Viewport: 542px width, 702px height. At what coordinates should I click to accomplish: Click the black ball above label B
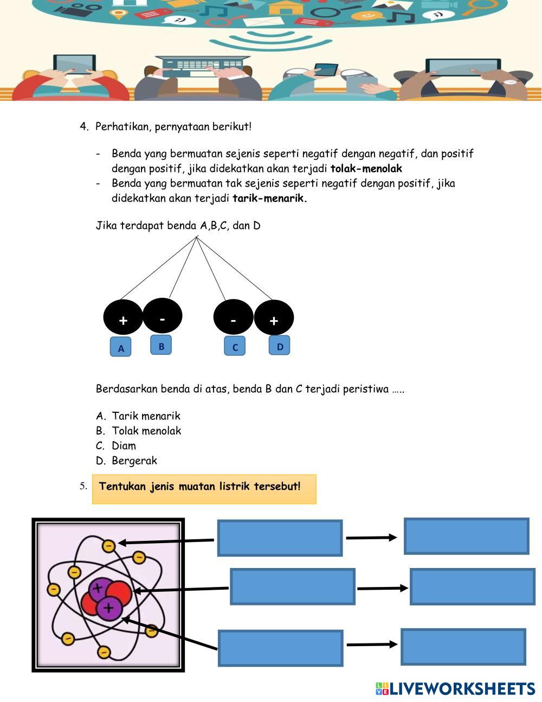163,315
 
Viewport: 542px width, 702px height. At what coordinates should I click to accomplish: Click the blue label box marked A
120,347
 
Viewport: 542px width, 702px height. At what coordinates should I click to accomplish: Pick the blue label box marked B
161,345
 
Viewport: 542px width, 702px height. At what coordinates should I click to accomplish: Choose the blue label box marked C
235,346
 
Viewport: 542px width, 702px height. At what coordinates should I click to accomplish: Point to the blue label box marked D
279,345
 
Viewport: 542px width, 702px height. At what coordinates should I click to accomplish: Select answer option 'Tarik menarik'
146,416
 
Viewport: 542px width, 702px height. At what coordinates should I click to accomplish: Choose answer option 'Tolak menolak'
146,431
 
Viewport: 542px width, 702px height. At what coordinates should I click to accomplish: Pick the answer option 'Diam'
124,446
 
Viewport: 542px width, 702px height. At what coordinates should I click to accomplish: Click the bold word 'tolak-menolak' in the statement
366,169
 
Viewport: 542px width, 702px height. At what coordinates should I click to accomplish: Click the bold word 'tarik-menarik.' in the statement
270,198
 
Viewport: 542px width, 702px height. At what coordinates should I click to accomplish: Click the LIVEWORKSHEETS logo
455,688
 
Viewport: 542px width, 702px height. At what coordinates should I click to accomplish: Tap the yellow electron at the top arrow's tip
109,545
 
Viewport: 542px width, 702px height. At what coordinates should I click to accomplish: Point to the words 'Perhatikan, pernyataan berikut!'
173,127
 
